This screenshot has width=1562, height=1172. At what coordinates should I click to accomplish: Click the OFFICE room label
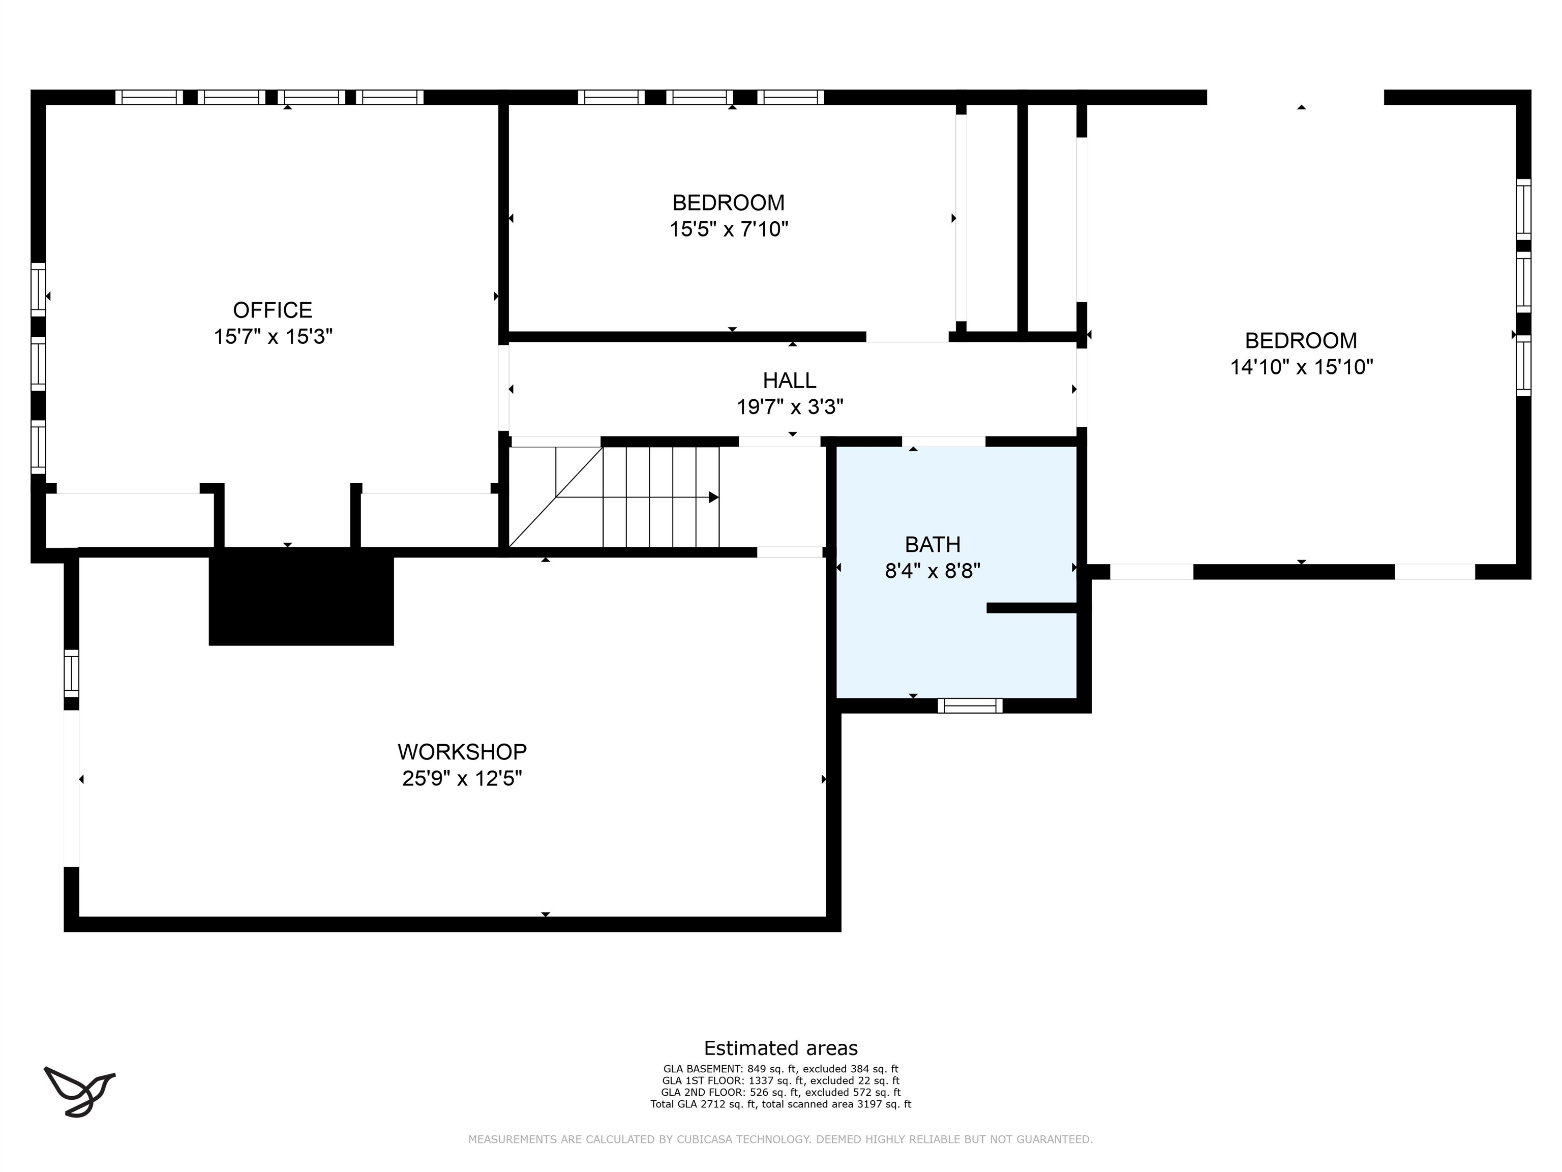(273, 310)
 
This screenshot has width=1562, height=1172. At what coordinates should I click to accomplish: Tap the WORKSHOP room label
(462, 752)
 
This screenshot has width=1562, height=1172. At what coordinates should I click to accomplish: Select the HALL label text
(790, 381)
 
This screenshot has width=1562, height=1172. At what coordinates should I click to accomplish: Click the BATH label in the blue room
(933, 545)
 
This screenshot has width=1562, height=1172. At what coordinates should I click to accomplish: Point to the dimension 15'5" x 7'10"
(729, 229)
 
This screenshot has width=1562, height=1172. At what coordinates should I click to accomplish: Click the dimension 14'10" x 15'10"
(1302, 367)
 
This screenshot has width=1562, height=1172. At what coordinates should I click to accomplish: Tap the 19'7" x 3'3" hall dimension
(790, 407)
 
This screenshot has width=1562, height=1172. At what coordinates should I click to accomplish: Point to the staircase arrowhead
(714, 497)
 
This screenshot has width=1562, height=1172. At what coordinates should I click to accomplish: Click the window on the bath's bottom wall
(970, 706)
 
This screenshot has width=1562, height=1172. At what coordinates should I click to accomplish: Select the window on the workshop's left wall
(71, 673)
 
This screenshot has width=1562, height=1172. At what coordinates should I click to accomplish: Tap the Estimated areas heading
(781, 1048)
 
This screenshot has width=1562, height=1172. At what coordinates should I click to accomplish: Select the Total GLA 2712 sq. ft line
(781, 1104)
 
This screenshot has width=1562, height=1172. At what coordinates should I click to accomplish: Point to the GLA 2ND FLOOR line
(781, 1093)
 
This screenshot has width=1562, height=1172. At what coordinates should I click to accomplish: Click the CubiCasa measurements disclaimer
(781, 1139)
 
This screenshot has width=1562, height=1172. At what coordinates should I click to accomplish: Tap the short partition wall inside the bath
(1032, 607)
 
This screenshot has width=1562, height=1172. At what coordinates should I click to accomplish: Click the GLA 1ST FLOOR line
(781, 1081)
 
